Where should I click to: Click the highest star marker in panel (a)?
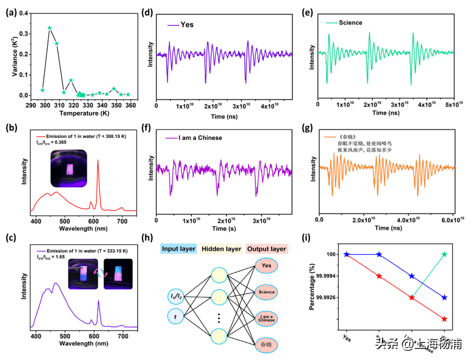point(49,28)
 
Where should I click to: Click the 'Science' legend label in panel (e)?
point(351,22)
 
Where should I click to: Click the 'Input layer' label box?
point(179,249)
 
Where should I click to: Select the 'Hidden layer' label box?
point(221,249)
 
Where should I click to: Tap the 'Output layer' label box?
point(267,249)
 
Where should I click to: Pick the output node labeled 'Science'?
point(266,292)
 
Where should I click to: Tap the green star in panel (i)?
point(445,254)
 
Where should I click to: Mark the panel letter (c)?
point(10,239)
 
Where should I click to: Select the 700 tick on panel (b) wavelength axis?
point(123,219)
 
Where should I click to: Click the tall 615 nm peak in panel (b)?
point(97,162)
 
